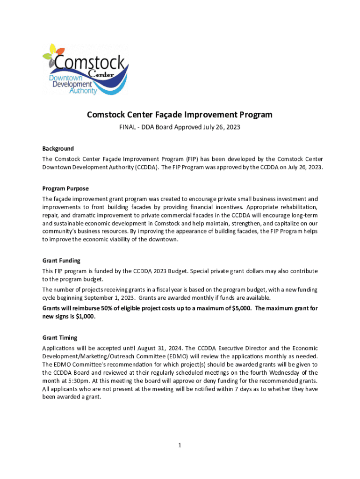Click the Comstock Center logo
click(85, 69)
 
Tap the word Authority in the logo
click(83, 91)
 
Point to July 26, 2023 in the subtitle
click(221, 127)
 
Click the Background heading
click(58, 149)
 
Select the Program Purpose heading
click(65, 189)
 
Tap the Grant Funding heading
click(61, 261)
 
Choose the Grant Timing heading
click(60, 337)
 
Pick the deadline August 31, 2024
click(162, 348)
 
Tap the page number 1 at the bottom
click(180, 445)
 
